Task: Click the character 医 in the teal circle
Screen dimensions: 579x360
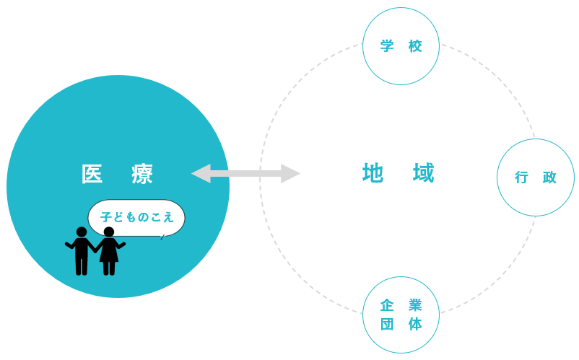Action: [x=92, y=174]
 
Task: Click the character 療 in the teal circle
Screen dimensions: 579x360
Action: [x=142, y=174]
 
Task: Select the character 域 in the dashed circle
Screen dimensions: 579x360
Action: [x=424, y=173]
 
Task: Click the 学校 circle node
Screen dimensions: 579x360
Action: [x=401, y=46]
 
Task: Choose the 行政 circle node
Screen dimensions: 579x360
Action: [x=535, y=177]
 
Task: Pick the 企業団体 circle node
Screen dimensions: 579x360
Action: [x=401, y=315]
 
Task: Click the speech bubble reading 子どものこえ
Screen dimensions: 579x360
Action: [x=136, y=216]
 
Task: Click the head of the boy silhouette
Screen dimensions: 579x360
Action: [x=82, y=232]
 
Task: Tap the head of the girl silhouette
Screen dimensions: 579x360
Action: [x=109, y=232]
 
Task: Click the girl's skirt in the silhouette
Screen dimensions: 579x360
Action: [x=109, y=253]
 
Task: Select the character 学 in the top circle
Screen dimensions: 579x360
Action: [x=387, y=46]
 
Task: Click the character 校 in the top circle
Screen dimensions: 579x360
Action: [x=415, y=46]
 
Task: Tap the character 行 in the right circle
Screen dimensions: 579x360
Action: [x=521, y=177]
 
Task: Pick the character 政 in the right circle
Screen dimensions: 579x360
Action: [x=549, y=177]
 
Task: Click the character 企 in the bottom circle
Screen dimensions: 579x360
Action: [x=387, y=305]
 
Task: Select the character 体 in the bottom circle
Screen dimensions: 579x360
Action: [x=415, y=324]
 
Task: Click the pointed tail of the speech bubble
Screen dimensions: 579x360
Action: [x=162, y=236]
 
